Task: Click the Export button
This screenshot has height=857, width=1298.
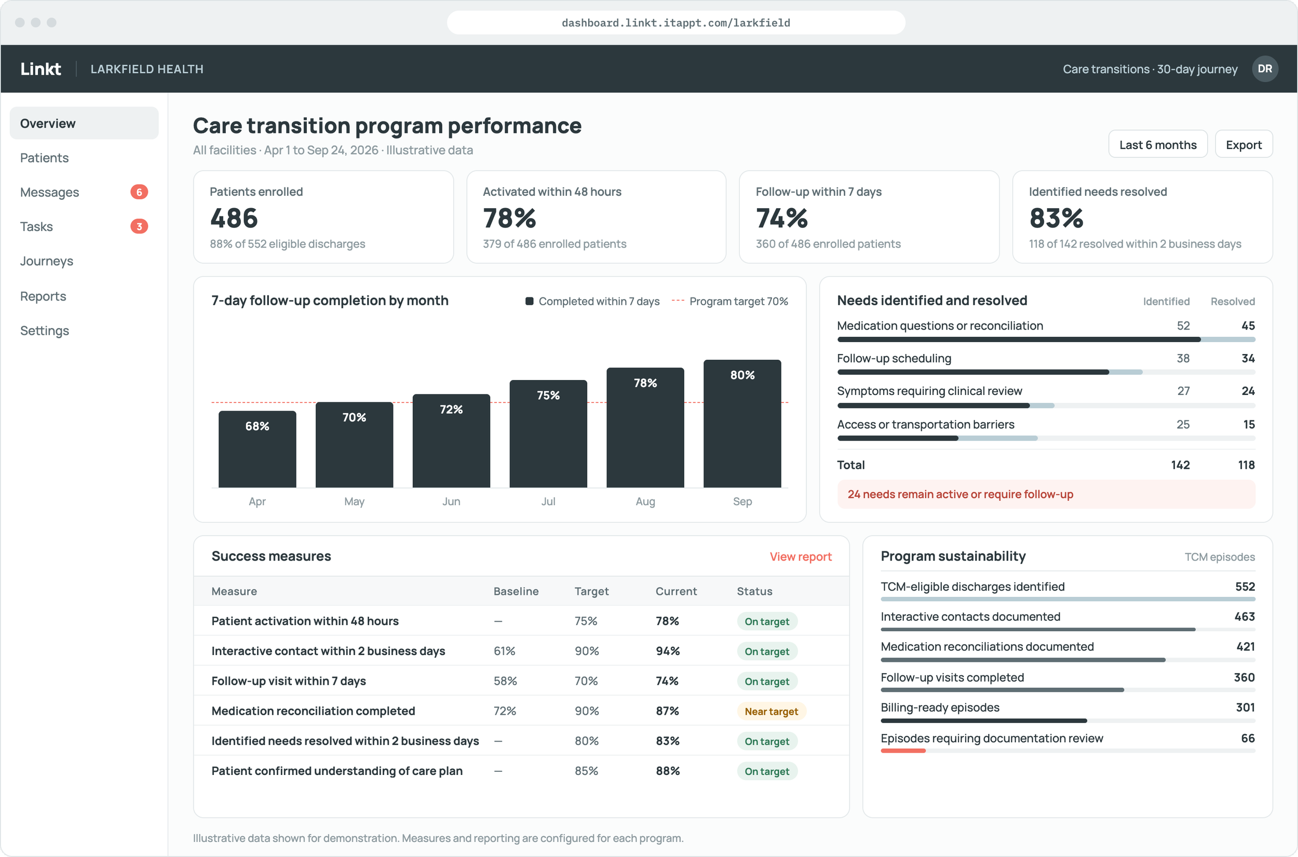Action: tap(1243, 144)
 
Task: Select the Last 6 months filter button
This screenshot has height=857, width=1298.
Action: tap(1157, 144)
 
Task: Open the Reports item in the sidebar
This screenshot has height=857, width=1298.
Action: tap(43, 296)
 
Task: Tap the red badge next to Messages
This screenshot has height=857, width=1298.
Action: tap(139, 192)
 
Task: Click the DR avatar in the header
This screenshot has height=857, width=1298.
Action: tap(1265, 69)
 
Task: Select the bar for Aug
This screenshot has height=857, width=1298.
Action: tap(645, 427)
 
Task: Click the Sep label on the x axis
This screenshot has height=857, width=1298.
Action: tap(742, 501)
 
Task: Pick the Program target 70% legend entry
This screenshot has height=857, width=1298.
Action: tap(729, 301)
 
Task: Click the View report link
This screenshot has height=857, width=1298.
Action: tap(801, 556)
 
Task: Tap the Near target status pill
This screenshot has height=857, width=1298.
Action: tap(771, 711)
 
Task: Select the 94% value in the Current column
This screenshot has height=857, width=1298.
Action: tap(668, 651)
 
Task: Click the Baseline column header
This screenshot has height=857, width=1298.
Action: tap(516, 591)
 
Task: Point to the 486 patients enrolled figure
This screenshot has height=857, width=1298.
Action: tap(234, 218)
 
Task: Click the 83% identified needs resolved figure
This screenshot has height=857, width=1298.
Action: tap(1056, 218)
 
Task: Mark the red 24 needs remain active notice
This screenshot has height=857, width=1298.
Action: tap(1046, 494)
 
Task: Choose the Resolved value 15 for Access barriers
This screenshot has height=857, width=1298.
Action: tap(1249, 425)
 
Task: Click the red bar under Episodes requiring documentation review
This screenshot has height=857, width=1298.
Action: tap(903, 751)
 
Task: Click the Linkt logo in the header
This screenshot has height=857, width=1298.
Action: tap(40, 69)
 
